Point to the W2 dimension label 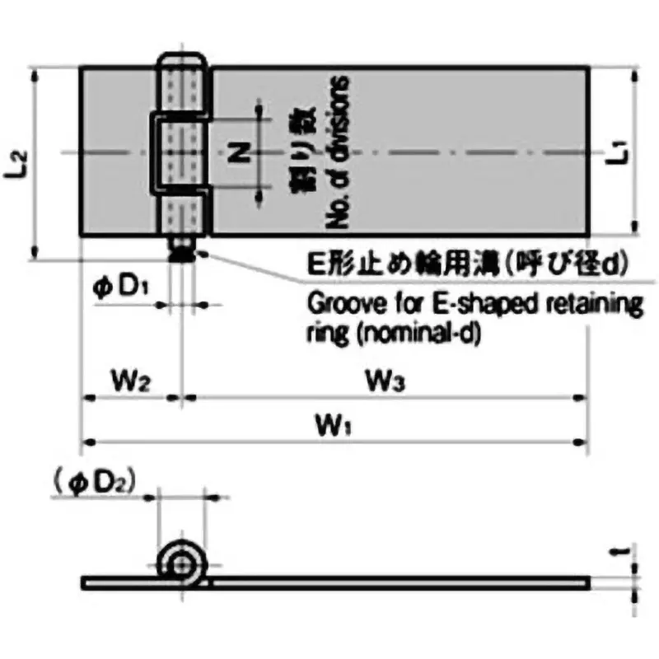coord(130,381)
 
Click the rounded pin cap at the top coord(181,61)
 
